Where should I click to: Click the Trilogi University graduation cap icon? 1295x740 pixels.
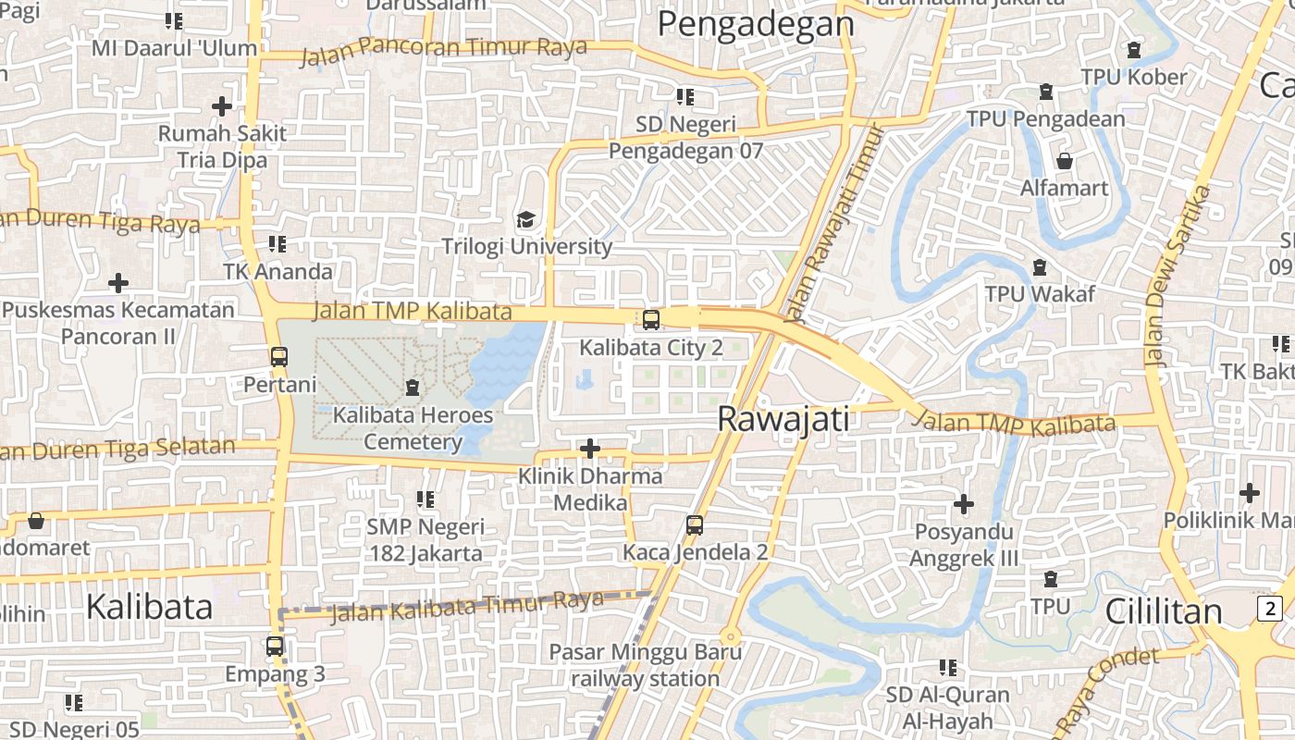[x=525, y=220]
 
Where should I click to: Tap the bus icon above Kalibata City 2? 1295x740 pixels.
[x=651, y=320]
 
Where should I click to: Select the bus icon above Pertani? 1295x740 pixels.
[x=278, y=356]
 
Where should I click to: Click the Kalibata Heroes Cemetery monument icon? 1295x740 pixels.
[x=413, y=387]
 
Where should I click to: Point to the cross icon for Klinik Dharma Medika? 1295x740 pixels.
[x=589, y=450]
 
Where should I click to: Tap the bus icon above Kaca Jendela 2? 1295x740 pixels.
[x=695, y=525]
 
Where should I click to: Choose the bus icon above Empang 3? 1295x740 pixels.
[x=275, y=647]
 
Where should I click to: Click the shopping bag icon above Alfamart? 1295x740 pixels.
[x=1065, y=161]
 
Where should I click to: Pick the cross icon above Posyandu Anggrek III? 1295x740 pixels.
[x=964, y=504]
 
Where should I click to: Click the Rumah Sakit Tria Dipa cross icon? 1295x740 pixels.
[x=222, y=106]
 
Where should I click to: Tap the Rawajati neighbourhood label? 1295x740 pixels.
[x=783, y=419]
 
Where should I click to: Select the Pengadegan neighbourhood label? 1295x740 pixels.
[x=755, y=24]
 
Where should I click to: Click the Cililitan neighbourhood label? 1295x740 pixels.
[x=1164, y=611]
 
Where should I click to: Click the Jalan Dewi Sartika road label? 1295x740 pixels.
[x=1176, y=276]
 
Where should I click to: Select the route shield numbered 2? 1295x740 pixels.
[x=1271, y=608]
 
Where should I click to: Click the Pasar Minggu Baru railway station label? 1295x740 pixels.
[x=646, y=665]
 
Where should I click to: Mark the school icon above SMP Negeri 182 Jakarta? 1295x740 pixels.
[x=425, y=499]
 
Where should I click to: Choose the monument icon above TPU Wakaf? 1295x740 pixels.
[x=1040, y=267]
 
